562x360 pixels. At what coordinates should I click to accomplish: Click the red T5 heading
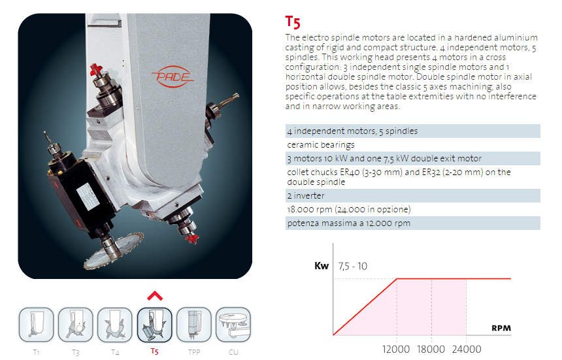pos(293,22)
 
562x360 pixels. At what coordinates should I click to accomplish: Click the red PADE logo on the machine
pos(173,76)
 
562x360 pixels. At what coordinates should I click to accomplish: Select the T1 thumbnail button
pos(36,325)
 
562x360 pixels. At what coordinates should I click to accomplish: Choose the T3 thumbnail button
pos(76,325)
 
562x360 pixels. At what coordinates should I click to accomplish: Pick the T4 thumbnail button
pos(115,325)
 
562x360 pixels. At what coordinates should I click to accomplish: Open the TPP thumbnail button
pos(194,325)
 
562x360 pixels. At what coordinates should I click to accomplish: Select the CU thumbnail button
pos(233,325)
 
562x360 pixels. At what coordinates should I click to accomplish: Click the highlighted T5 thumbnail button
pos(154,325)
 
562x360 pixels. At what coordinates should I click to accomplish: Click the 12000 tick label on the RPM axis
pos(396,349)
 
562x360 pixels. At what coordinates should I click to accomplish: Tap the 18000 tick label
pos(431,349)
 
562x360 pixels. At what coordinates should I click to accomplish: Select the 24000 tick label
pos(467,349)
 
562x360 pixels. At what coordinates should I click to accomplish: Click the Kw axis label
pos(322,266)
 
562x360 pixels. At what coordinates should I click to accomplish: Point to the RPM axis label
pos(501,328)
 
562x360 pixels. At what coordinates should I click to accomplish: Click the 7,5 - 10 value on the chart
pos(353,266)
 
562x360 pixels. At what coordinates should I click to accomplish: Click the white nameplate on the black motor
pos(88,196)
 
